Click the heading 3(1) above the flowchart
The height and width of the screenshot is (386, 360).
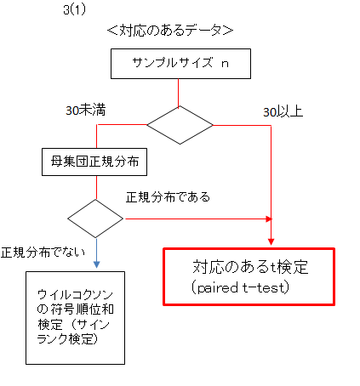(74, 10)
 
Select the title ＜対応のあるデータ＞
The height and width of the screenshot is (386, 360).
(170, 30)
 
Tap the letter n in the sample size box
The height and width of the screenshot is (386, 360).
(225, 64)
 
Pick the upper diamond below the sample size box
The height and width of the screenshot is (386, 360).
(180, 125)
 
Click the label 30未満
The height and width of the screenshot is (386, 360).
(86, 110)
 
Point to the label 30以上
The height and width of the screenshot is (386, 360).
(283, 111)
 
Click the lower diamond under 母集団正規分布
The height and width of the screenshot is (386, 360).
(95, 219)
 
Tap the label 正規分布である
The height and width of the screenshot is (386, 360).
(168, 196)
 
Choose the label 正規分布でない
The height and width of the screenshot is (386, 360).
(43, 252)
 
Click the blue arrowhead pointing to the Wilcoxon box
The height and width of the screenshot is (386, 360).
(96, 264)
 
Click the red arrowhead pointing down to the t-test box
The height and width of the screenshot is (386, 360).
(271, 241)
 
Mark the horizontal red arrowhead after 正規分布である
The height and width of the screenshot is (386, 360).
(269, 219)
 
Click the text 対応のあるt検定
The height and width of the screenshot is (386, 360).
(250, 267)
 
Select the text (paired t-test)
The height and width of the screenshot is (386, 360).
(240, 287)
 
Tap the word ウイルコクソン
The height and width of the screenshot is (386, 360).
(75, 295)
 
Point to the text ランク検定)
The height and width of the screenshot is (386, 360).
(67, 338)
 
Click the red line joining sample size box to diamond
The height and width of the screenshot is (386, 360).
(179, 93)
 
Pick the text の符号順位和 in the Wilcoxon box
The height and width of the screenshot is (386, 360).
(75, 309)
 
